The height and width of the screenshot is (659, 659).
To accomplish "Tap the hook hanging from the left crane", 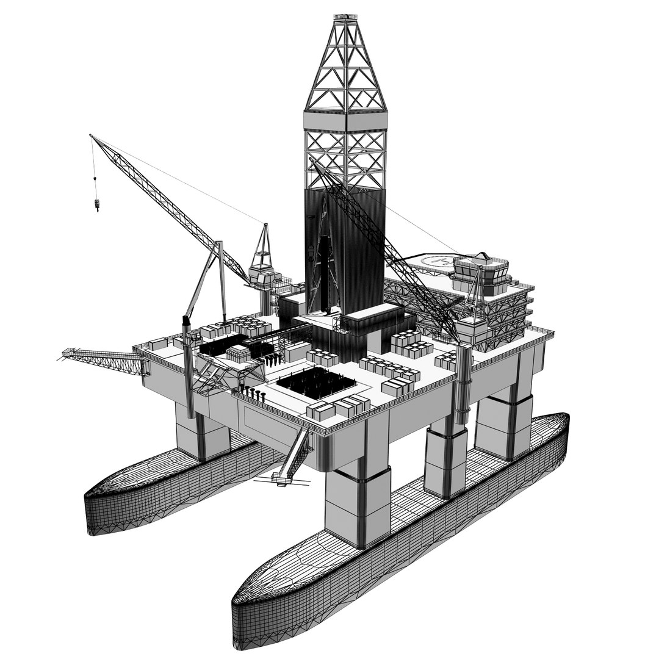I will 96,204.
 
